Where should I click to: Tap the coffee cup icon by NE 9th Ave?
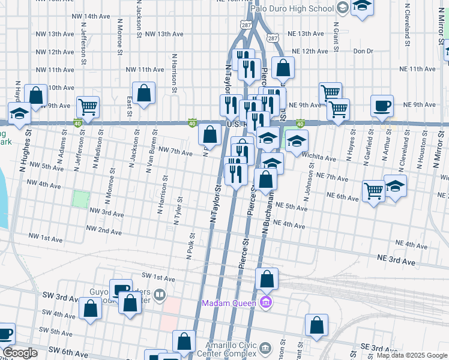coord(382,107)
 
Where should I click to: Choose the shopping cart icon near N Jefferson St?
coord(88,107)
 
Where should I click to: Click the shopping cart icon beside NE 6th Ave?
coord(373,191)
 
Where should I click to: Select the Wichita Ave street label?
coord(319,157)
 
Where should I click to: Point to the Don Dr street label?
coord(363,51)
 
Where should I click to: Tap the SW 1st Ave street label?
coord(158,278)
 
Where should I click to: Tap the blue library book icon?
coord(159,294)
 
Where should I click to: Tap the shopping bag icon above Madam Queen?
coord(267,279)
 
